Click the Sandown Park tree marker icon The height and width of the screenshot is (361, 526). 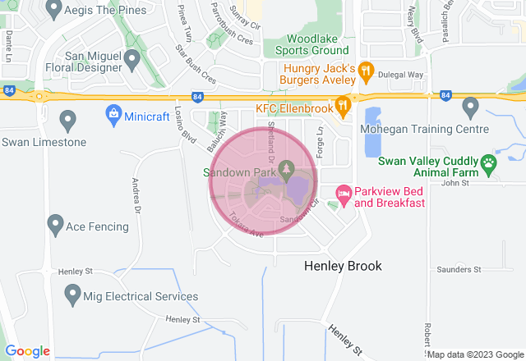click(x=286, y=168)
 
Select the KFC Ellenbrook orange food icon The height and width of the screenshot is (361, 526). click(x=344, y=106)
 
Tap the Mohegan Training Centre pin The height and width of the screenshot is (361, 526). click(x=470, y=106)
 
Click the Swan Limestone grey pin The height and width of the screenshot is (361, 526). click(x=67, y=120)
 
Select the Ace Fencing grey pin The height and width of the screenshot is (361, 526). click(x=55, y=222)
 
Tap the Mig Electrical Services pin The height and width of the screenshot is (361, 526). click(x=72, y=292)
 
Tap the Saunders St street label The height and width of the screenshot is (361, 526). click(x=459, y=269)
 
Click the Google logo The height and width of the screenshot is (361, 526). click(x=28, y=351)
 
